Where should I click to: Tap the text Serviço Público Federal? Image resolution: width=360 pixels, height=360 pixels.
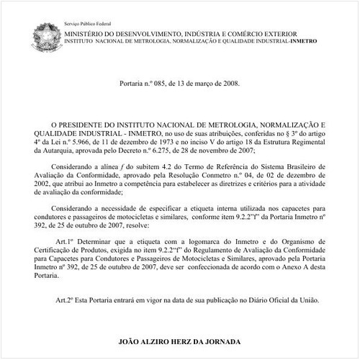click(x=85, y=24)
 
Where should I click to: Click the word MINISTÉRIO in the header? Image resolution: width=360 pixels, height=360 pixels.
click(x=84, y=34)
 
